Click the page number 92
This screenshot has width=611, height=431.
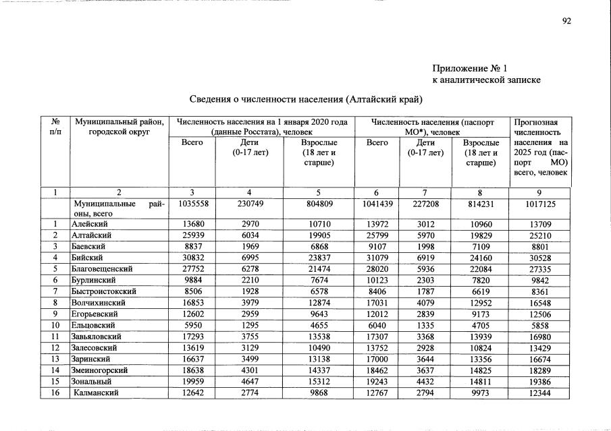[x=566, y=21]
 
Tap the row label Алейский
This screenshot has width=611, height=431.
[x=88, y=223]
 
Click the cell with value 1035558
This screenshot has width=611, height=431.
[x=192, y=203]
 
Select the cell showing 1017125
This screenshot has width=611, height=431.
[x=541, y=203]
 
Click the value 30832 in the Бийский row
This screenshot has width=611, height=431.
[x=192, y=257]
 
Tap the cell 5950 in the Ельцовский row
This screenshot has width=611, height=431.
[x=192, y=324]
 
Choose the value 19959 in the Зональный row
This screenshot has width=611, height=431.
[x=192, y=381]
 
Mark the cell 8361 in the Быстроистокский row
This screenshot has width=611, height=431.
[x=541, y=291]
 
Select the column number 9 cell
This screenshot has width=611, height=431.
[x=540, y=192]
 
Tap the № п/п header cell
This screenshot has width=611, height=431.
[x=55, y=127]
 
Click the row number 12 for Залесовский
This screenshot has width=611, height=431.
[x=55, y=347]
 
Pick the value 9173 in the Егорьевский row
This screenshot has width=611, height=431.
[x=481, y=314]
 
